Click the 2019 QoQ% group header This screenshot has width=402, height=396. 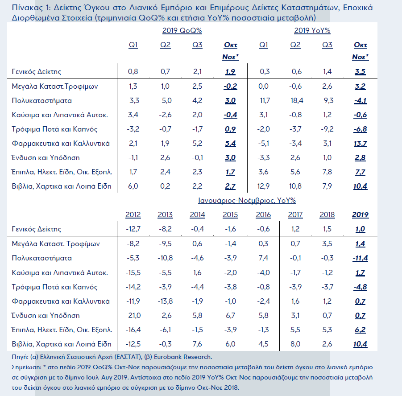click(182, 31)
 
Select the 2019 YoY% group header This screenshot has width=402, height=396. click(312, 31)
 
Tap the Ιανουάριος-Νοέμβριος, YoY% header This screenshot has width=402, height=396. click(247, 201)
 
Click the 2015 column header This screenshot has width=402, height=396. click(230, 215)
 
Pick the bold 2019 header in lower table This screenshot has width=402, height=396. click(361, 215)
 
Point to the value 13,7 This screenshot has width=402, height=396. click(361, 144)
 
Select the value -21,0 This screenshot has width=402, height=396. click(133, 316)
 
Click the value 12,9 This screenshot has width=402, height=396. click(264, 186)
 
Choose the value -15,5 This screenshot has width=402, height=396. click(133, 272)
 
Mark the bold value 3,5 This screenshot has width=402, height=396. click(361, 72)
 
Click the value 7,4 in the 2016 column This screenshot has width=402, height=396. click(263, 258)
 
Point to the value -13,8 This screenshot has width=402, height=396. click(165, 301)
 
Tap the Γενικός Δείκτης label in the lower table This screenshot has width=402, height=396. click(37, 229)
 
